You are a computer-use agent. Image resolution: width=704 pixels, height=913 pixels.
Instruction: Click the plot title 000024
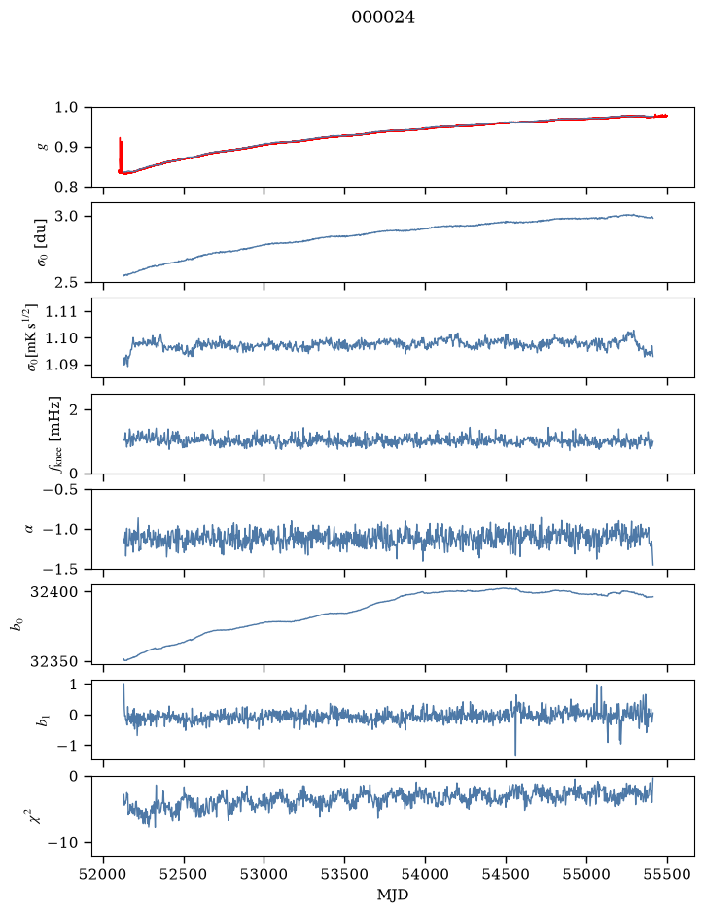(x=383, y=18)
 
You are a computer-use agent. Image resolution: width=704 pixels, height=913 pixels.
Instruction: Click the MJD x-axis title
(x=393, y=895)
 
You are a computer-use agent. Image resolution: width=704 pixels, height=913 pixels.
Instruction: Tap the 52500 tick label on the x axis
(x=184, y=874)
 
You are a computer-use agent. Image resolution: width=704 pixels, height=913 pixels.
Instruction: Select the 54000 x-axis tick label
(x=425, y=874)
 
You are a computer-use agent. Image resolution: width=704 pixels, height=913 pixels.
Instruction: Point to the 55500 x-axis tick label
(x=667, y=874)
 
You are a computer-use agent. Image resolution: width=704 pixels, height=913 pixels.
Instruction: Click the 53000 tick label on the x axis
(x=264, y=874)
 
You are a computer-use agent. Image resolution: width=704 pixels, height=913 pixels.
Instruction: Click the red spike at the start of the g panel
(x=121, y=156)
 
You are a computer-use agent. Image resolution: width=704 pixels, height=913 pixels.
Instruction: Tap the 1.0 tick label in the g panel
(x=66, y=107)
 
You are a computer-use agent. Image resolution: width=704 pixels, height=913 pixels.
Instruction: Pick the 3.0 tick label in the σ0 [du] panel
(x=66, y=216)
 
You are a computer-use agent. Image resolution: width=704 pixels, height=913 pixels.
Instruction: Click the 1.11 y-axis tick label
(x=61, y=311)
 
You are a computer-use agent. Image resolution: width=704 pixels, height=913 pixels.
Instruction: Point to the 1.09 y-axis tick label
(x=61, y=365)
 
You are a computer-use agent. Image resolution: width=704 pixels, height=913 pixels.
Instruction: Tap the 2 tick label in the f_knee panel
(x=73, y=410)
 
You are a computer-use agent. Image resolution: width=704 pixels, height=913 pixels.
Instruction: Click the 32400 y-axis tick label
(x=53, y=591)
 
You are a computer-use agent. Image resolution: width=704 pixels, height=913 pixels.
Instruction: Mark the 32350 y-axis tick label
(x=53, y=661)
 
